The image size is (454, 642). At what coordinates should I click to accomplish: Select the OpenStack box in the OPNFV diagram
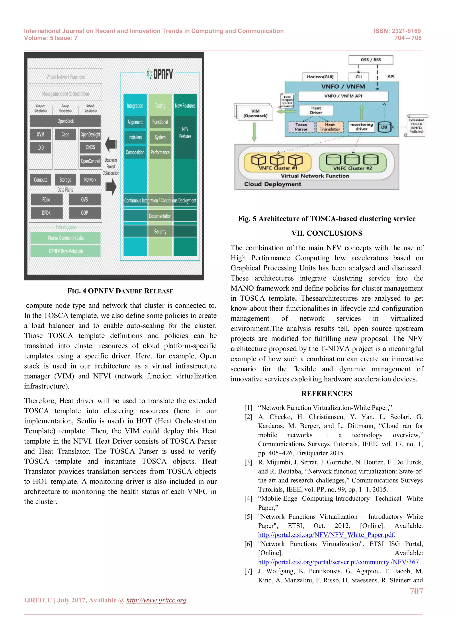[x=65, y=121]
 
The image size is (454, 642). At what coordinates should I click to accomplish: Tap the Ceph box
[x=65, y=135]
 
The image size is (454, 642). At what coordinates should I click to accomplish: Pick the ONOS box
[x=90, y=147]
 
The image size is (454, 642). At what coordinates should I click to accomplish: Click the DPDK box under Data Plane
[x=46, y=213]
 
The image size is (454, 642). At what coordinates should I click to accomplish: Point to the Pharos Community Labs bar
[x=65, y=238]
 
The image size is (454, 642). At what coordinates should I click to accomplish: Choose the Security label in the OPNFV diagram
[x=160, y=231]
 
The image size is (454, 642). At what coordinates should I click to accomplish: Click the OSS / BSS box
[x=370, y=60]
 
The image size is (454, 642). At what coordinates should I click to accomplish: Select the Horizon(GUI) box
[x=320, y=77]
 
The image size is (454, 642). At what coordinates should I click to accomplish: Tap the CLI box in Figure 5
[x=359, y=77]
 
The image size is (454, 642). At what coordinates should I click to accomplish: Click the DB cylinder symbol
[x=384, y=127]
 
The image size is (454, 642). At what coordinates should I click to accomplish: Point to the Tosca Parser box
[x=301, y=127]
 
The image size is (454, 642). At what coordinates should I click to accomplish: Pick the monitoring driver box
[x=362, y=127]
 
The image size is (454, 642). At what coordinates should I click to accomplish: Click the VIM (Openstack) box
[x=255, y=113]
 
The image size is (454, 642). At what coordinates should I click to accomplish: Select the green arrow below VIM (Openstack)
[x=254, y=132]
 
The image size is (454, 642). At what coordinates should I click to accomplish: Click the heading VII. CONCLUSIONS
[x=327, y=233]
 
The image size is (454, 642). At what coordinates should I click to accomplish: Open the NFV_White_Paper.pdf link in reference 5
[x=326, y=535]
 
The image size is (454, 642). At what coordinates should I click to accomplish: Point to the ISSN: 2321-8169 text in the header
[x=397, y=31]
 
